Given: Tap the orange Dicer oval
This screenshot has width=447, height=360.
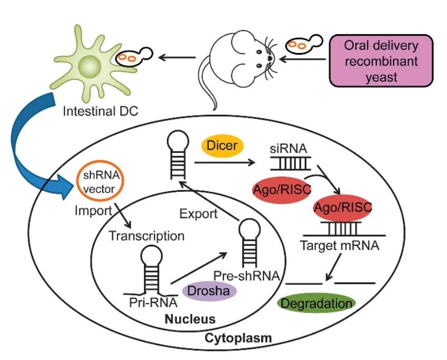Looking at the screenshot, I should pos(222,146).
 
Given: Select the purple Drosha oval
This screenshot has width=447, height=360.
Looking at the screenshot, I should pos(210,292).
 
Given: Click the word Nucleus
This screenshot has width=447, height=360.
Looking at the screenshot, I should pos(190,319).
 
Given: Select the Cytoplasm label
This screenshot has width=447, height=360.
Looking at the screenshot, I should pos(238,338).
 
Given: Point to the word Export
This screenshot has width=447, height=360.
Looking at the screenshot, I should pos(198,214).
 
